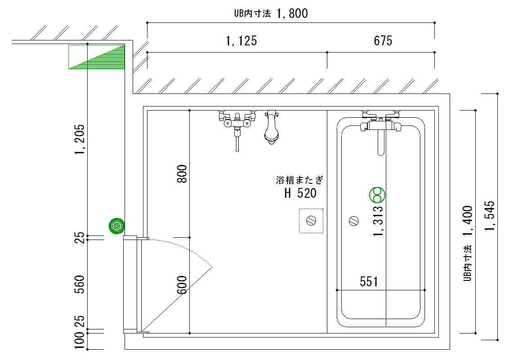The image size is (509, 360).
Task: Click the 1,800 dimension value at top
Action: (292, 13)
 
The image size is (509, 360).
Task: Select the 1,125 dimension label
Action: (241, 41)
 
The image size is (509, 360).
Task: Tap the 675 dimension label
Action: (383, 41)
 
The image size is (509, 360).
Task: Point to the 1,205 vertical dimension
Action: (80, 139)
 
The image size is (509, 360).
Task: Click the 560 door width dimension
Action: (80, 284)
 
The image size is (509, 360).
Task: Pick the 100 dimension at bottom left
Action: (80, 340)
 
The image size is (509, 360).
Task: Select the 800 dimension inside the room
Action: (182, 174)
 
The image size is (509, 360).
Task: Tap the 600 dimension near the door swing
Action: (182, 284)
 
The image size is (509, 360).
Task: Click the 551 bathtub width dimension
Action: (369, 281)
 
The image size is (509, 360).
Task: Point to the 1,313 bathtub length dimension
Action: (379, 221)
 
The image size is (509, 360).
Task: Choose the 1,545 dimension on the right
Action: (490, 216)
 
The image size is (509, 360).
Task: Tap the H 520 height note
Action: (301, 193)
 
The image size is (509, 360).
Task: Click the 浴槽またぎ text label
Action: (299, 180)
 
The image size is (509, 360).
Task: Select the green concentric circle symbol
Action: (117, 226)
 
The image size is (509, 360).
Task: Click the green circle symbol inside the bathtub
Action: (377, 195)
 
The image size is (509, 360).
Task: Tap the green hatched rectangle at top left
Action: (97, 57)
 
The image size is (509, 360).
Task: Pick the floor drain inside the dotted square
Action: (311, 221)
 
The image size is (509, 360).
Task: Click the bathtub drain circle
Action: (354, 221)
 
